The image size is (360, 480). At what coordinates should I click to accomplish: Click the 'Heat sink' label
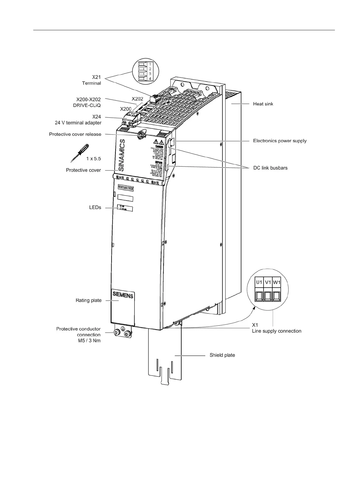(x=263, y=104)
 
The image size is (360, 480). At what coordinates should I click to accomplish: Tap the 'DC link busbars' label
(x=270, y=168)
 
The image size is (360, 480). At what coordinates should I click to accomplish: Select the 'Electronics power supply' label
(x=280, y=141)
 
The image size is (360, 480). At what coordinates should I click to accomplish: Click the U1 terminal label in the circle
(x=259, y=282)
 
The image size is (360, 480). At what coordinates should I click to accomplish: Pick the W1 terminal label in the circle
(x=277, y=282)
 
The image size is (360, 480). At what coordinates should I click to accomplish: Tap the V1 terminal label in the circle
(x=268, y=282)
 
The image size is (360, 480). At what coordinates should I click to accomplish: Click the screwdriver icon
(x=79, y=152)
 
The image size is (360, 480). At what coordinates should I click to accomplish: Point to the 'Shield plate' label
(x=222, y=355)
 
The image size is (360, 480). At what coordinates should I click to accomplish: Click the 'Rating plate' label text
(x=89, y=300)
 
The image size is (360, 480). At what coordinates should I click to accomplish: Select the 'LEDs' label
(x=95, y=207)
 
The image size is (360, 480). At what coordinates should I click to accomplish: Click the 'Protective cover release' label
(x=75, y=134)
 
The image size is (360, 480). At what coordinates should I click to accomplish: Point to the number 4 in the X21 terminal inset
(x=150, y=79)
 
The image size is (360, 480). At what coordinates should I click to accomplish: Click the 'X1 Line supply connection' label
(x=276, y=328)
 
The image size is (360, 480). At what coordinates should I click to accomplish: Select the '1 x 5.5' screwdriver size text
(x=93, y=158)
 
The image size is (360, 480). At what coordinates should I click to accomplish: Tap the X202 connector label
(x=138, y=99)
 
